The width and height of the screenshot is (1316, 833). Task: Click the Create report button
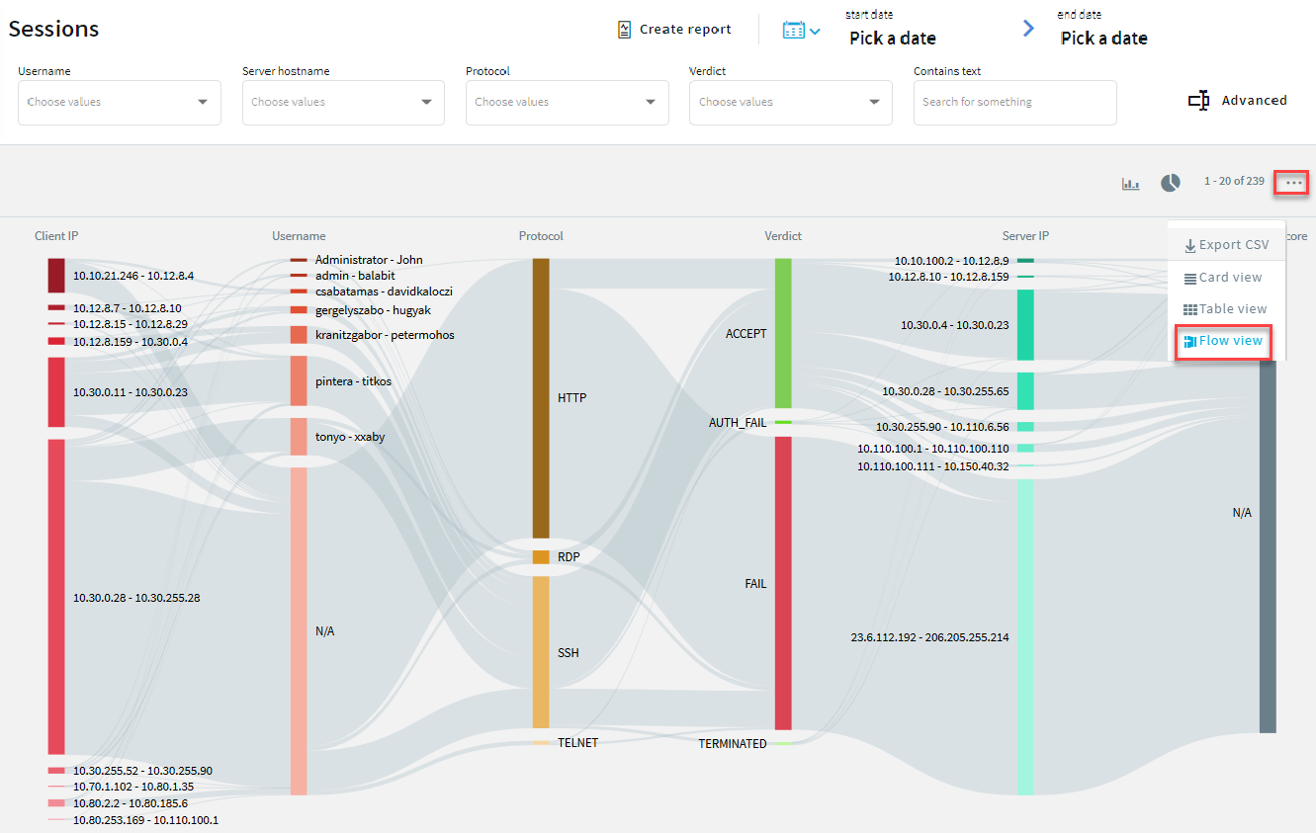pyautogui.click(x=674, y=30)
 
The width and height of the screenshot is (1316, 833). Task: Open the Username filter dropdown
pyautogui.click(x=119, y=102)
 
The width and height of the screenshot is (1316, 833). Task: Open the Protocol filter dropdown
pyautogui.click(x=567, y=102)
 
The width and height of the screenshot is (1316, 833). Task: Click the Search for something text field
pyautogui.click(x=1014, y=102)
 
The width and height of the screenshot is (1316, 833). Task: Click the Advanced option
pyautogui.click(x=1238, y=101)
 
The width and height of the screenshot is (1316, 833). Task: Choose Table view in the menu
pyautogui.click(x=1225, y=309)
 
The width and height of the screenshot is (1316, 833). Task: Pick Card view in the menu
pyautogui.click(x=1223, y=278)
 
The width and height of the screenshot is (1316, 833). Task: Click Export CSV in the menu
pyautogui.click(x=1226, y=245)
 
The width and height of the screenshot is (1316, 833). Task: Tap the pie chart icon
pyautogui.click(x=1171, y=183)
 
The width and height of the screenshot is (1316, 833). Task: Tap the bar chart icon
pyautogui.click(x=1130, y=184)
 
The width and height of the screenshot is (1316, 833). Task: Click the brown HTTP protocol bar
pyautogui.click(x=541, y=397)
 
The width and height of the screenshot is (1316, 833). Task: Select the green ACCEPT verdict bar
pyautogui.click(x=783, y=333)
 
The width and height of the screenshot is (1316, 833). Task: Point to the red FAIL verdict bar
pyautogui.click(x=783, y=583)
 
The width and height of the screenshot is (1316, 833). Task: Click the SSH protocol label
pyautogui.click(x=569, y=653)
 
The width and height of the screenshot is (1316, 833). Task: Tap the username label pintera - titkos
pyautogui.click(x=353, y=381)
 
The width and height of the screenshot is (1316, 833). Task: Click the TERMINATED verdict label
pyautogui.click(x=733, y=743)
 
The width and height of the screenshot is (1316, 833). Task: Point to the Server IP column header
pyautogui.click(x=1025, y=236)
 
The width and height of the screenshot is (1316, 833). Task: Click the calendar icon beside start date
pyautogui.click(x=794, y=31)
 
